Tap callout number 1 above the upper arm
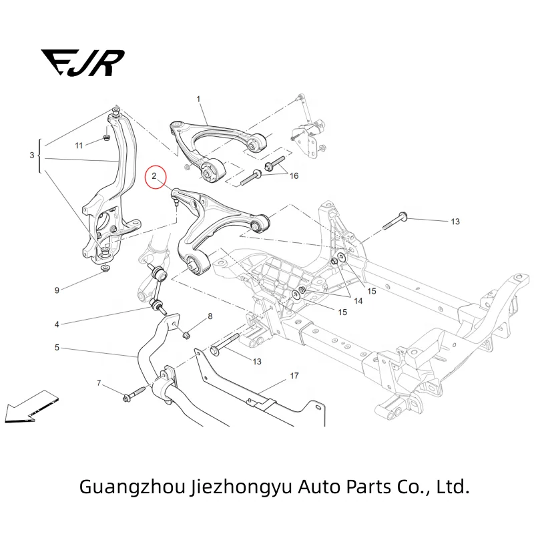[x=198, y=99]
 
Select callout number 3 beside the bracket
[x=31, y=156]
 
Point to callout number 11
[x=78, y=146]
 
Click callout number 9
[x=57, y=290]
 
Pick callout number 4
[x=57, y=325]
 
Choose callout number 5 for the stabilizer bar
[x=57, y=348]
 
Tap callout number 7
[x=99, y=383]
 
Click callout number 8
[x=210, y=317]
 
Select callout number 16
[x=294, y=176]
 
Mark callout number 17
[x=294, y=376]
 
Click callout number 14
[x=358, y=302]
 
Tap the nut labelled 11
[x=106, y=138]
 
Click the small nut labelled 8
[x=187, y=332]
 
